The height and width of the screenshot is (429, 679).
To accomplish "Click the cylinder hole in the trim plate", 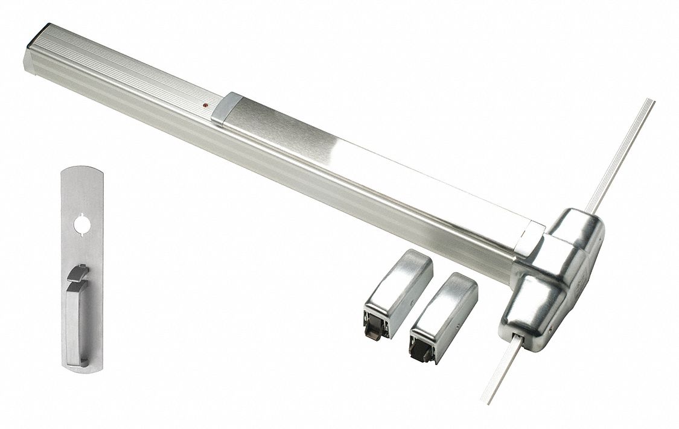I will coord(82,225).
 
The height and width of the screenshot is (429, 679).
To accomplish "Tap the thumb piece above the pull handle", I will coord(77,273).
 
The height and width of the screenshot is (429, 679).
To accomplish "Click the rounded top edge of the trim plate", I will coord(82,170).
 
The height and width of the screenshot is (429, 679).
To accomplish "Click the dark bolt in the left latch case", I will coord(373,331).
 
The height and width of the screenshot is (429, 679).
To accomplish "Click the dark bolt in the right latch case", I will coord(418,352).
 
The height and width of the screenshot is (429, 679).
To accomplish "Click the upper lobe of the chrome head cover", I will coord(576,229).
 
